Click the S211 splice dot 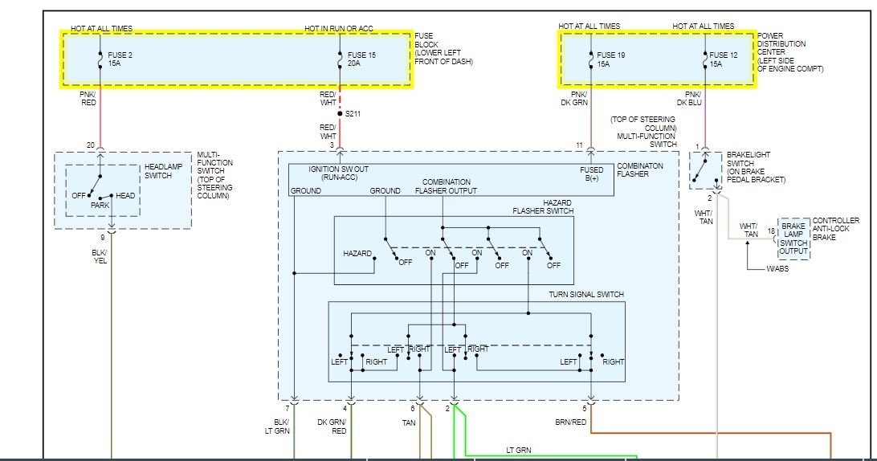pos(340,114)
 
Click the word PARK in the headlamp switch pos(100,206)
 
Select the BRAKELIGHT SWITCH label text pos(756,166)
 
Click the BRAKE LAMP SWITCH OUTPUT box pos(794,238)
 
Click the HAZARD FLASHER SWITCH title pos(544,207)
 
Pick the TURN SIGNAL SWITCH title pos(586,295)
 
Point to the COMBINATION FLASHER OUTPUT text pos(446,186)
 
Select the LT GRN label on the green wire pos(518,450)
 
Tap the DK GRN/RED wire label pos(332,426)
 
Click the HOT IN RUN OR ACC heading pos(338,29)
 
